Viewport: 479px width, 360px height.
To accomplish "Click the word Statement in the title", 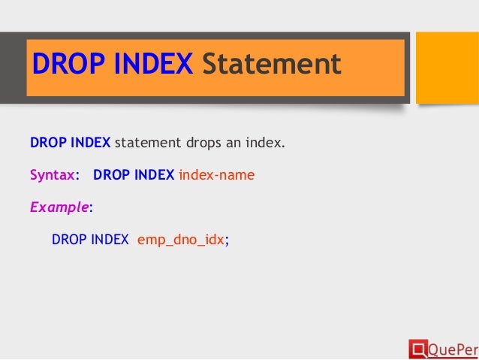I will (x=273, y=65).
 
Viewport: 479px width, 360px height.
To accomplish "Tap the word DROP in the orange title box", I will (x=64, y=65).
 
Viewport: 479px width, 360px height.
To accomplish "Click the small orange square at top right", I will (x=447, y=66).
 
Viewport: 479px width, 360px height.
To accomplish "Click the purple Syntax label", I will (x=53, y=175).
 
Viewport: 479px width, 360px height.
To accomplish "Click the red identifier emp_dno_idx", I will (x=180, y=241).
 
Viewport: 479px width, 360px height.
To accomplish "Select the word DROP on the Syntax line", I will (x=110, y=175).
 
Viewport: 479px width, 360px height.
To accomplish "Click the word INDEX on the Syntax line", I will (x=152, y=175).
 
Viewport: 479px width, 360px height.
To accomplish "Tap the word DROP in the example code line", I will (x=68, y=241).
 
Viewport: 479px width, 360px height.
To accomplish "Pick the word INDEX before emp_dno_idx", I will (x=110, y=241).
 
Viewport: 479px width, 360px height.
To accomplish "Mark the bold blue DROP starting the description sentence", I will (x=47, y=142).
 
